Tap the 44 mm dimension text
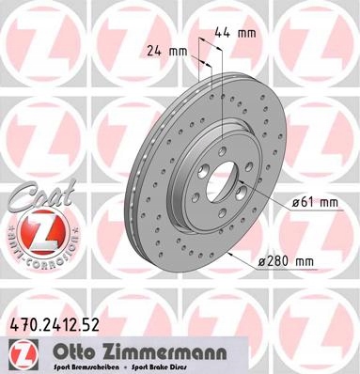[230, 32]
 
